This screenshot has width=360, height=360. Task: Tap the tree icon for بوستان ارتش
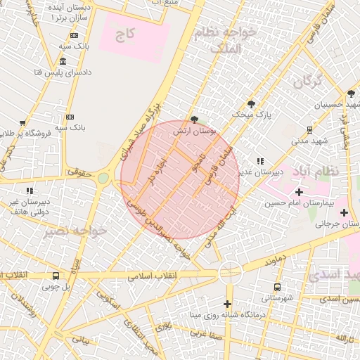click(x=194, y=120)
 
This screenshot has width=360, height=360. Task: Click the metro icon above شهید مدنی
click(x=309, y=129)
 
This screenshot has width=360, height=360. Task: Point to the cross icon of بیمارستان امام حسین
click(x=300, y=192)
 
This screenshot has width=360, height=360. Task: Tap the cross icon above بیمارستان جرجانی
click(x=344, y=212)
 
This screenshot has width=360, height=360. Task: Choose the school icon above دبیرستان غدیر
click(x=261, y=161)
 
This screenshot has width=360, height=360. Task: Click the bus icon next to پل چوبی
click(x=56, y=276)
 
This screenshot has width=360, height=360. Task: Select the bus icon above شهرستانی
click(x=277, y=287)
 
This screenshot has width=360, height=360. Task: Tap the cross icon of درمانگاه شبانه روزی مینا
click(x=228, y=304)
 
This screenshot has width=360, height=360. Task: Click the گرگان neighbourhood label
click(x=308, y=82)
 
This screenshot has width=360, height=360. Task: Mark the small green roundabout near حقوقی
click(x=103, y=179)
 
